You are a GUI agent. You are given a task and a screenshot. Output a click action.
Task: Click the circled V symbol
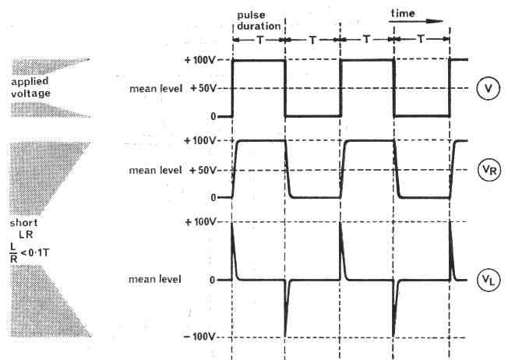tap(488, 88)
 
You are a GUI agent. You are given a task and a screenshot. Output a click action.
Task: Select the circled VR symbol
tap(488, 171)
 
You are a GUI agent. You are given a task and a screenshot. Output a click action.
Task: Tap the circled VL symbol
tap(488, 279)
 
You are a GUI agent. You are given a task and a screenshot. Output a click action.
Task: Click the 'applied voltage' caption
tap(31, 87)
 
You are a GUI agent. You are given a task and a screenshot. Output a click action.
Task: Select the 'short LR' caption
tap(29, 227)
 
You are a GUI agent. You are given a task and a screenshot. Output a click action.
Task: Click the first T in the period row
tap(258, 38)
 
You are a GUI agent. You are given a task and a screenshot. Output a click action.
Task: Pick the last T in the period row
tap(422, 38)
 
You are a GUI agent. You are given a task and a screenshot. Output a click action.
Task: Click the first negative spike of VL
tap(286, 308)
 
